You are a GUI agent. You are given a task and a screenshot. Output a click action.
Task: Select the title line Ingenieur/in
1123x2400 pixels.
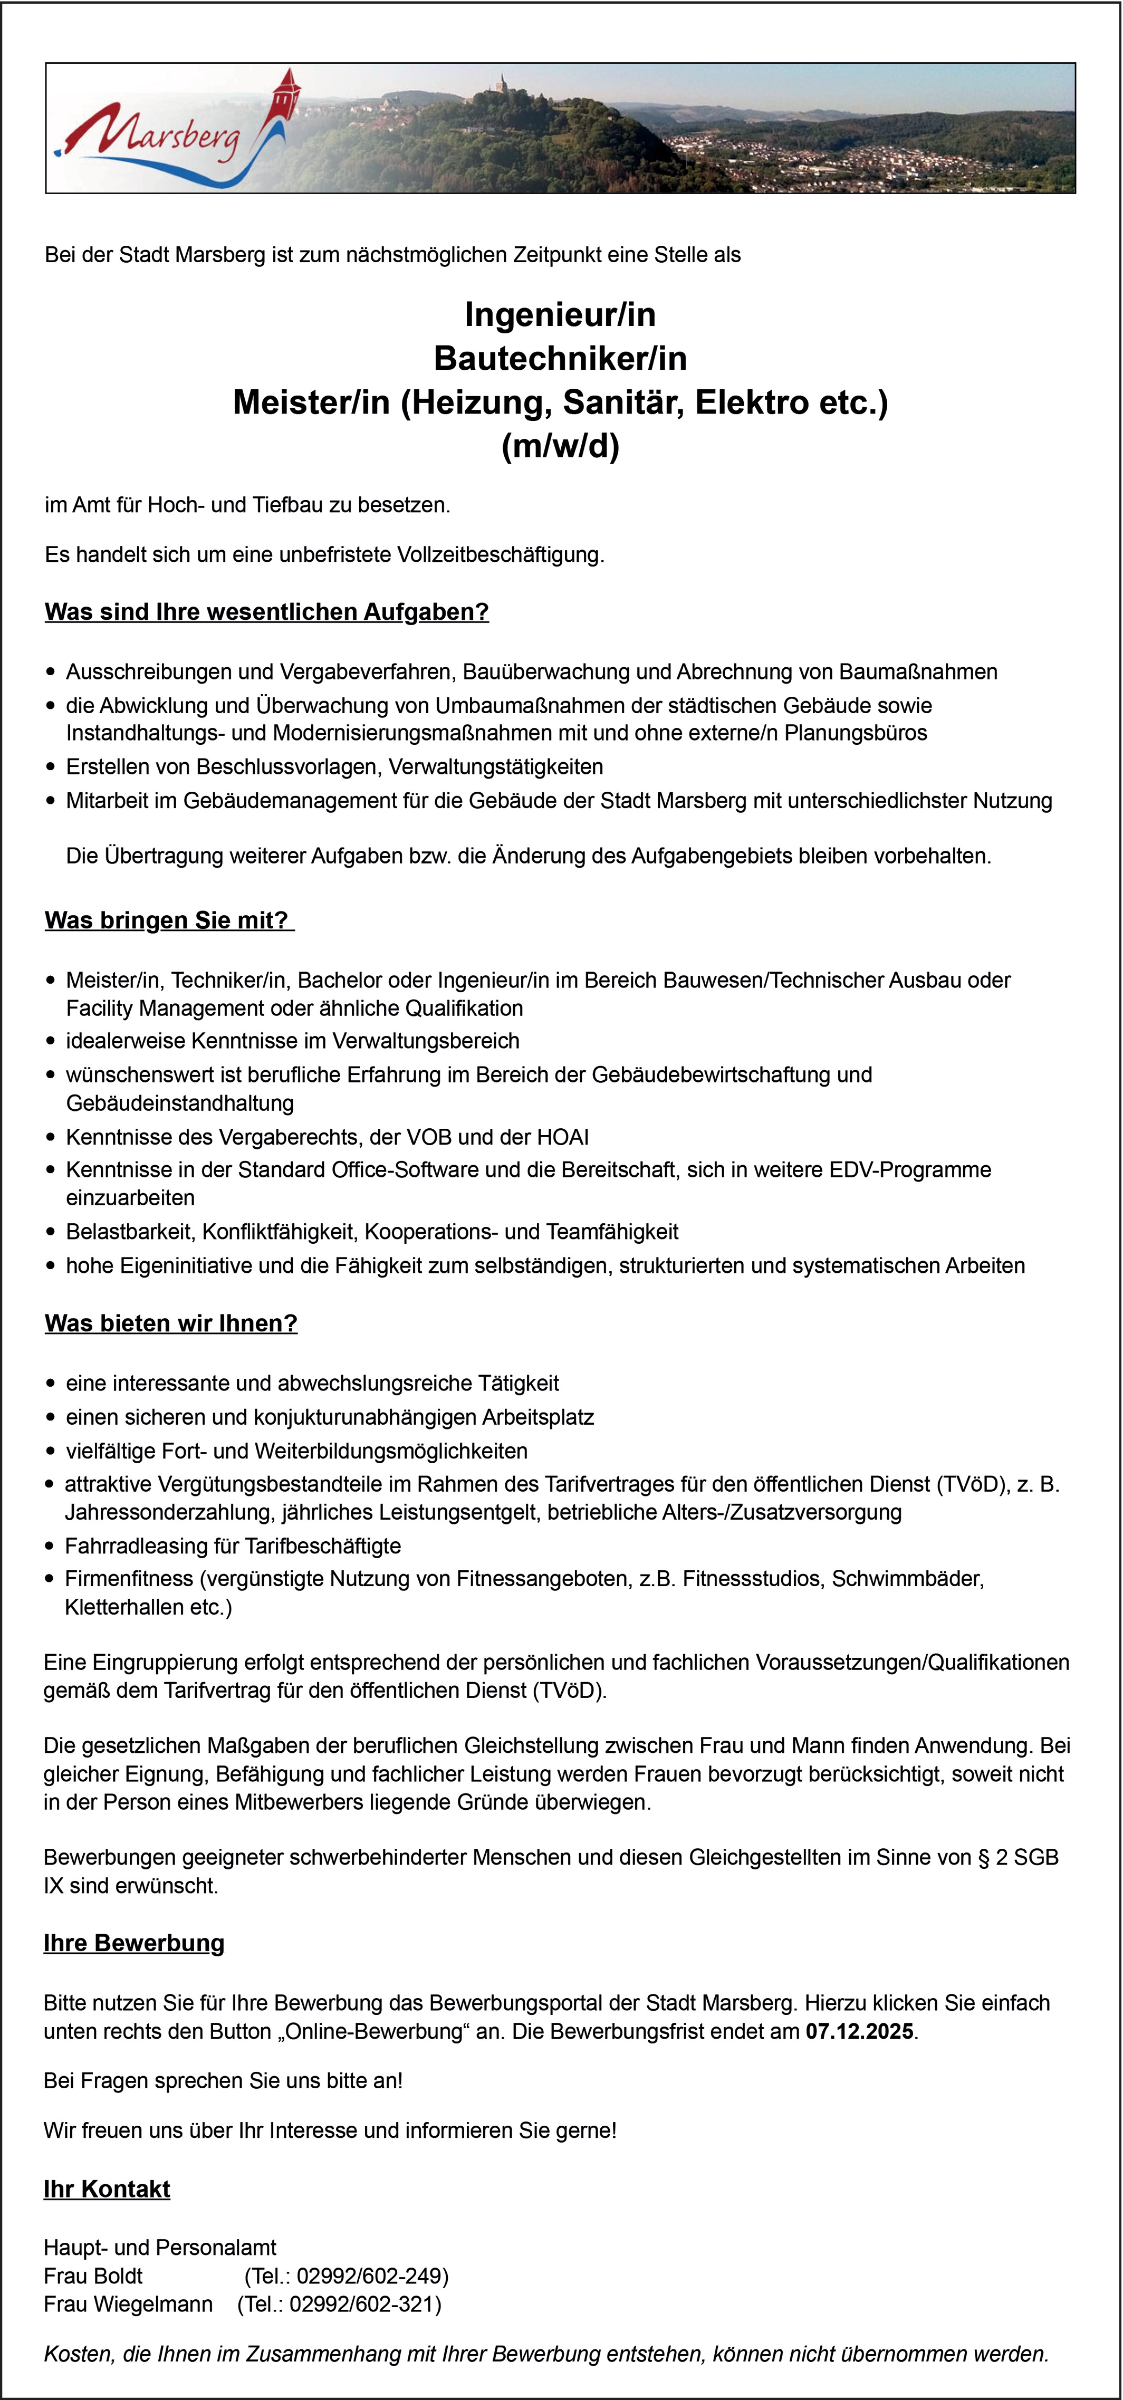pos(560,315)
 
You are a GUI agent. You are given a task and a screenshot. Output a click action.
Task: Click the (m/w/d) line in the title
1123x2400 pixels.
pos(560,446)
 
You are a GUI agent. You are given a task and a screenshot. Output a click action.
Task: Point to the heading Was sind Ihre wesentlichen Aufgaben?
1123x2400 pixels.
pos(266,612)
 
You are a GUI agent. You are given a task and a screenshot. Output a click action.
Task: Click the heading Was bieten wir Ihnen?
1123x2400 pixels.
pos(170,1324)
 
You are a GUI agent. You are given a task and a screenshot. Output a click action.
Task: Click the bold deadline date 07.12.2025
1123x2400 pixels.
pos(859,2032)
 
